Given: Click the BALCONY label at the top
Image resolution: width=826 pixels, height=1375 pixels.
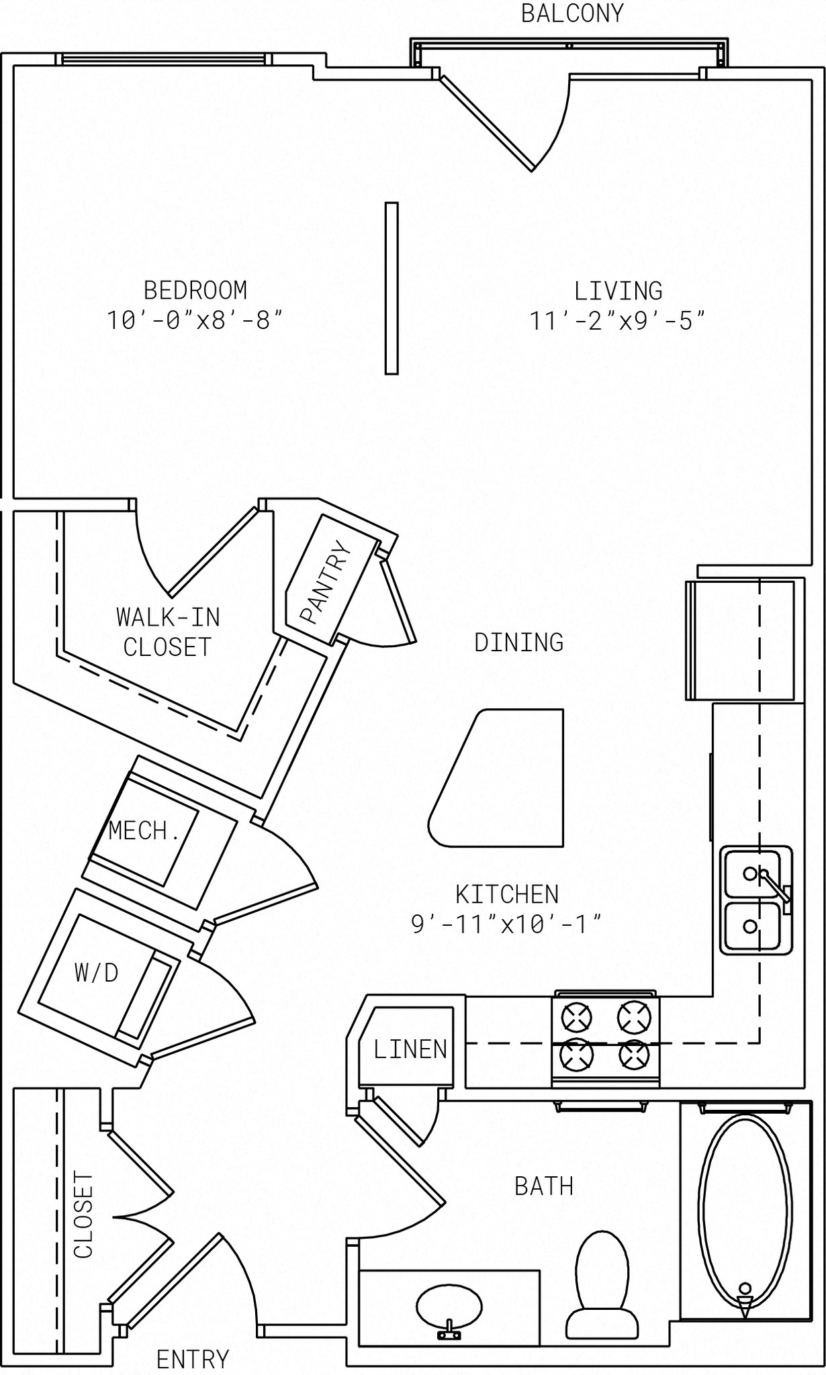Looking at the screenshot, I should [572, 13].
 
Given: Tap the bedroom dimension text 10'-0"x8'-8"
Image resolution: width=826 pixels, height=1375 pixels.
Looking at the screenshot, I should [194, 320].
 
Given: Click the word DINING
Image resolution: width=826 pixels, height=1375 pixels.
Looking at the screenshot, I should [518, 643].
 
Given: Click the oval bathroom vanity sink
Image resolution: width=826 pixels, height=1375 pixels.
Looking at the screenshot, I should [449, 1305].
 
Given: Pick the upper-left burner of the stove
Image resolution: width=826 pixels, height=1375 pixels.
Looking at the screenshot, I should [576, 1017].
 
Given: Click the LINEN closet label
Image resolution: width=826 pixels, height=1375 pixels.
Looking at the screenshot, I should [410, 1049].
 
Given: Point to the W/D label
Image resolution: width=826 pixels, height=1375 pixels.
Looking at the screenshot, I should [97, 972].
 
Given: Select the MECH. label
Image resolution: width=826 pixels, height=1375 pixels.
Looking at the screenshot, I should [144, 831].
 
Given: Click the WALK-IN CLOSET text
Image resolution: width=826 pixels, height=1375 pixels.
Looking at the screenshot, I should [168, 632].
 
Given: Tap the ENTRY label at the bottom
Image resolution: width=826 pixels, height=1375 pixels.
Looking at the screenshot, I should [193, 1360].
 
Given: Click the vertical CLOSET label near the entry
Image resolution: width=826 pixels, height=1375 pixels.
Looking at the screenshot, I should [83, 1215].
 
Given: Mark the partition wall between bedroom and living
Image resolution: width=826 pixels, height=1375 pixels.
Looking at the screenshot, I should [392, 288].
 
